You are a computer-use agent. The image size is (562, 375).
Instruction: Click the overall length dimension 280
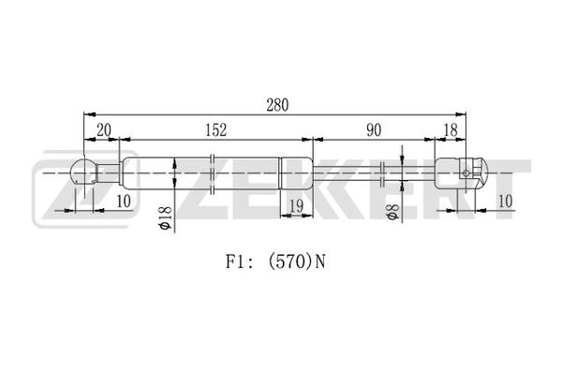[277, 105]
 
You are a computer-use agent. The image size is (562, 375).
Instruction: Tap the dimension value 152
[216, 130]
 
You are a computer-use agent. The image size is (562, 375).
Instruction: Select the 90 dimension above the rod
[374, 130]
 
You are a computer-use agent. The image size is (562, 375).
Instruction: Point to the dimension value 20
[104, 130]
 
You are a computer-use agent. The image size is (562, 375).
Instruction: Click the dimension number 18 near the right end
[451, 130]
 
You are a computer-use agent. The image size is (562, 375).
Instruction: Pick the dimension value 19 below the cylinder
[296, 206]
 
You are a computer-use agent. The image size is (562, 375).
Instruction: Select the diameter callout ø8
[392, 212]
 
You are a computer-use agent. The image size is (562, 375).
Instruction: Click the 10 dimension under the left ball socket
[124, 202]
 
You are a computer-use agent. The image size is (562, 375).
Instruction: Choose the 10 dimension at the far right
[506, 202]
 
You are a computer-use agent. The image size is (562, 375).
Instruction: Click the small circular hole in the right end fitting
[466, 173]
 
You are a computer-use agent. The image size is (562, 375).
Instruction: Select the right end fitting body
[461, 173]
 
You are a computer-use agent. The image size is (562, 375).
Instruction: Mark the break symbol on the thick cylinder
[212, 174]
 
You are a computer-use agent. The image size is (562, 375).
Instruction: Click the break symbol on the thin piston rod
[382, 174]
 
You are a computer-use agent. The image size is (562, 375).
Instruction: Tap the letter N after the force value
[320, 262]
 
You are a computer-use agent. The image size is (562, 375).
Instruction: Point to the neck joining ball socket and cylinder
[108, 172]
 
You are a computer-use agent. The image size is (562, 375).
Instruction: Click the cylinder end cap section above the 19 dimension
[296, 172]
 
